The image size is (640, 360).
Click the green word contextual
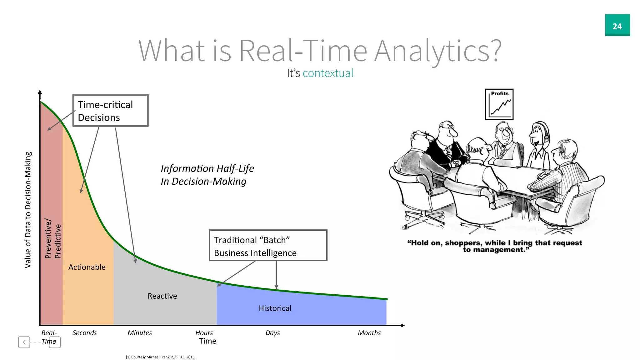coord(328,73)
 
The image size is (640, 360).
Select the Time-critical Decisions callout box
coord(110,111)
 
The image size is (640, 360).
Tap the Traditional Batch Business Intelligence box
coord(268,246)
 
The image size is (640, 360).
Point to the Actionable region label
coord(87,267)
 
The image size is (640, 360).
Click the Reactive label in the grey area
coord(162,296)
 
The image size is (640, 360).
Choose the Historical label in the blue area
coord(275,308)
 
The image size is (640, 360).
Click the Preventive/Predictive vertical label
coord(53,239)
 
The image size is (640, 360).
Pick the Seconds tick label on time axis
coord(85,333)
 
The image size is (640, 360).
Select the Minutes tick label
coord(140,333)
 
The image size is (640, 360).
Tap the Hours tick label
coord(204,333)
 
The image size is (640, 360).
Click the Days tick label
coord(272,333)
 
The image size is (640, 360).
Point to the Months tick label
coord(369,333)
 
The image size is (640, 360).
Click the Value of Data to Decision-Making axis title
coord(28,210)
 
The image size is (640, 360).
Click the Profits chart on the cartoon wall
coord(499,104)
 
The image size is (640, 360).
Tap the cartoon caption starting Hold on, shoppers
coord(494,246)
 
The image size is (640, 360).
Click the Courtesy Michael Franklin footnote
coord(161,357)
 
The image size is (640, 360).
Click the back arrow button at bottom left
coord(24,342)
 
